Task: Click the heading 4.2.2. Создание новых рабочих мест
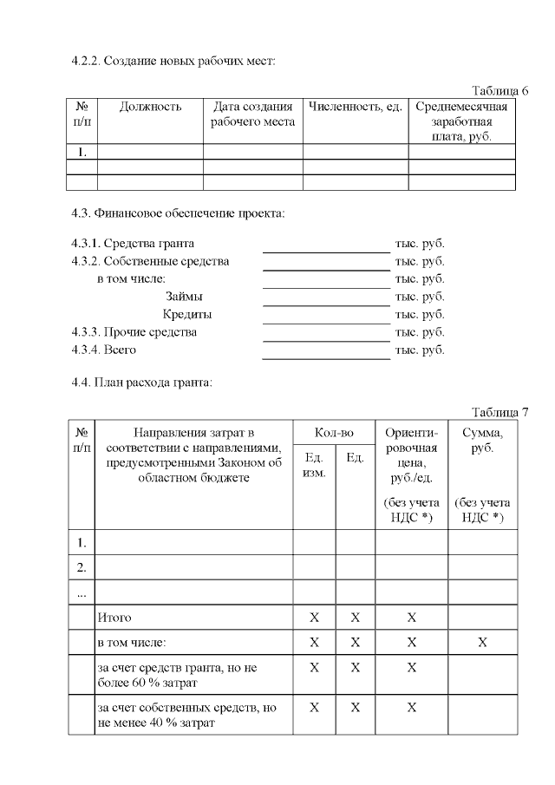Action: [x=173, y=62]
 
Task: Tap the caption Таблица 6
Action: [x=500, y=91]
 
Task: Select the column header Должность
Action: [x=150, y=108]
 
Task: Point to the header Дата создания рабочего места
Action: [x=252, y=114]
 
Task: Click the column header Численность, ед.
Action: [x=355, y=108]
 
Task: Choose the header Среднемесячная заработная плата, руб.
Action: [x=460, y=121]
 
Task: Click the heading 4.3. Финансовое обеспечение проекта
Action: [x=178, y=213]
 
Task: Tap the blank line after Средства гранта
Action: [x=326, y=252]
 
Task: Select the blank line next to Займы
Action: [x=326, y=305]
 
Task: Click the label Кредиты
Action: [x=187, y=314]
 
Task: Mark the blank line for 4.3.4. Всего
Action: [x=326, y=358]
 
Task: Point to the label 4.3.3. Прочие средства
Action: [x=134, y=332]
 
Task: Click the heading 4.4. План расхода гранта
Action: [x=141, y=382]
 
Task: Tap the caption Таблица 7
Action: [x=500, y=411]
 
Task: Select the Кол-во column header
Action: [x=334, y=432]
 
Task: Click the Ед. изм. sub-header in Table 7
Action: [x=314, y=465]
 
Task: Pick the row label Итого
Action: [x=114, y=618]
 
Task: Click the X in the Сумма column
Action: [x=482, y=643]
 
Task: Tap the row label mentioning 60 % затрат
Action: [x=177, y=675]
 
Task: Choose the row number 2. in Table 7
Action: [x=82, y=568]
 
